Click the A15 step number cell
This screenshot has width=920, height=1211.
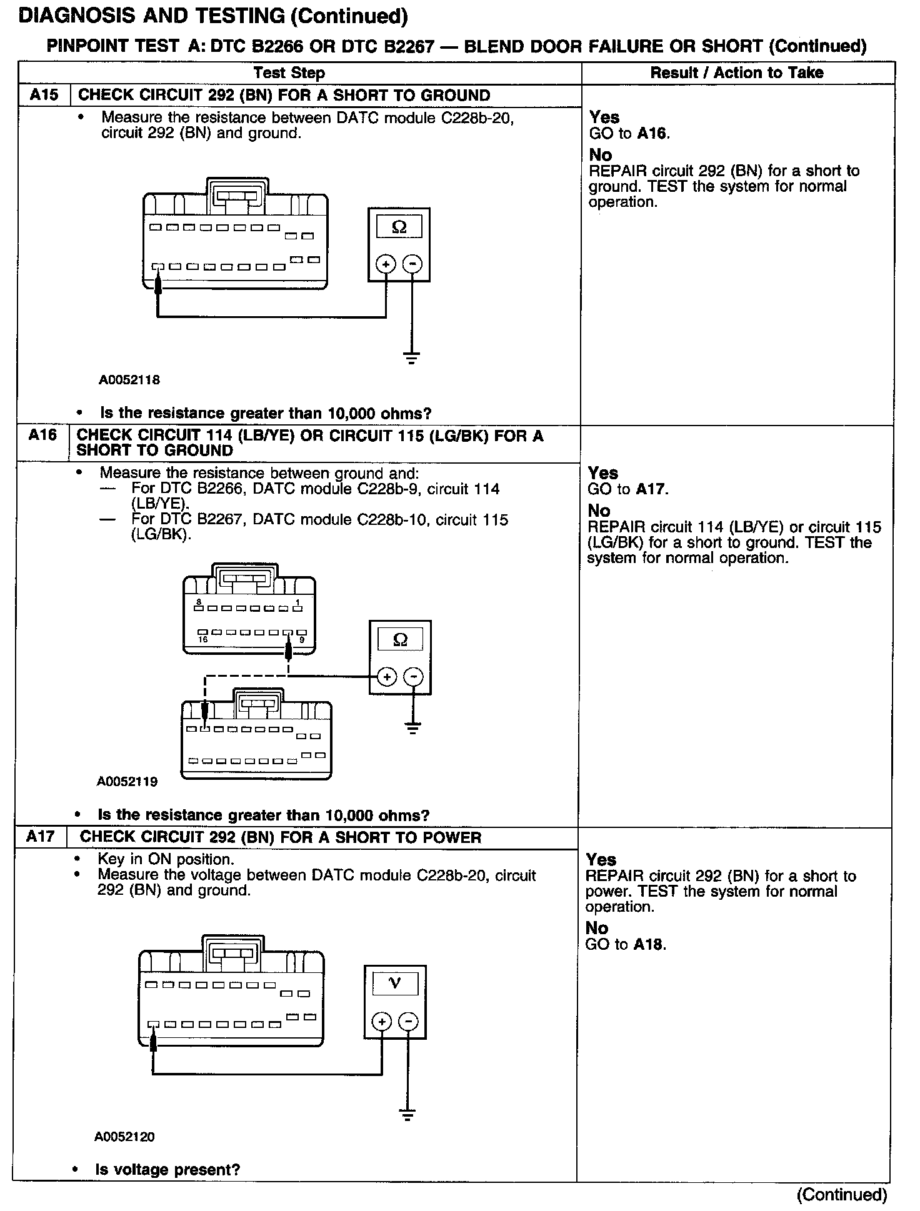click(x=44, y=96)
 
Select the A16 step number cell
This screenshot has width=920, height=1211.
click(x=42, y=436)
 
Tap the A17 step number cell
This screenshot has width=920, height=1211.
click(x=41, y=837)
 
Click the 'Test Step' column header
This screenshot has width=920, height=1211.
click(x=289, y=73)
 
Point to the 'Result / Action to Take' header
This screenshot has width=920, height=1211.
click(x=737, y=73)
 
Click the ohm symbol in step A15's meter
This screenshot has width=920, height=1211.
click(x=399, y=227)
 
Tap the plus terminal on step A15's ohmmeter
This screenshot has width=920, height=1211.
click(x=386, y=264)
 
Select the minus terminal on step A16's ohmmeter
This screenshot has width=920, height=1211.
click(x=413, y=677)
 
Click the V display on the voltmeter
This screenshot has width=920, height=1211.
click(x=394, y=984)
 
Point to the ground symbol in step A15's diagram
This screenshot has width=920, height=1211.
click(x=411, y=359)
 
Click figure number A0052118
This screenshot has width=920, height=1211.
click(x=129, y=379)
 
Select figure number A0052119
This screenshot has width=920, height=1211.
click(x=127, y=781)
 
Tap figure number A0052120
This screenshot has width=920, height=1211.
click(x=125, y=1137)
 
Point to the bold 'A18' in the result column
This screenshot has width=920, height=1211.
click(x=649, y=944)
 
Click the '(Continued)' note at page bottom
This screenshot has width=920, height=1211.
click(x=842, y=1195)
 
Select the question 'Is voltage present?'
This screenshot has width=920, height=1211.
click(x=167, y=1170)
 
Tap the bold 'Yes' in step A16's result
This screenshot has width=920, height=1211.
click(x=602, y=473)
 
